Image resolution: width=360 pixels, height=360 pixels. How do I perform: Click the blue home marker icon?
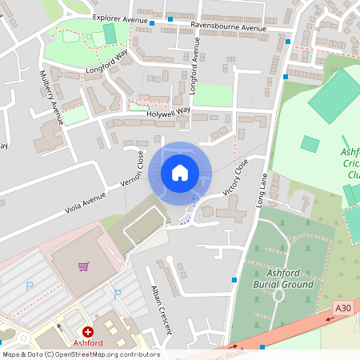180,173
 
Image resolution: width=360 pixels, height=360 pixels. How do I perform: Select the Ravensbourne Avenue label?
228,27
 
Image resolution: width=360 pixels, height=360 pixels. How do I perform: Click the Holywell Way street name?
168,113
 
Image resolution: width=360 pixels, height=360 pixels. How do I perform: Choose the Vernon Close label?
132,170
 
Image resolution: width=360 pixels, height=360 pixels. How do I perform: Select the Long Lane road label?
263,192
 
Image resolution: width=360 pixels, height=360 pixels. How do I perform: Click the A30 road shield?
343,308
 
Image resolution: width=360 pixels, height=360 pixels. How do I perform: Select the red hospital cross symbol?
87,330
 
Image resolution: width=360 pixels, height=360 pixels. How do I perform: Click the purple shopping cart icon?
83,266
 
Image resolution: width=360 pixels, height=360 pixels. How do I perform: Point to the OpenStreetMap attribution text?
80,354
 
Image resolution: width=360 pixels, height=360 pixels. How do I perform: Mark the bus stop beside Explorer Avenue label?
152,23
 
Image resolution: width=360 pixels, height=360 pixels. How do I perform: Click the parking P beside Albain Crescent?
117,294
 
